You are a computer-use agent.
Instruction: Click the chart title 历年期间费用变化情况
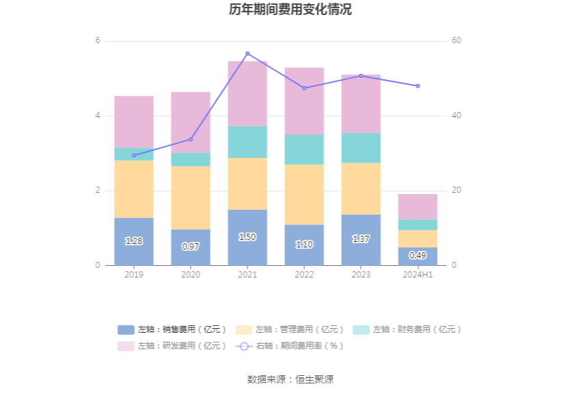tap(290, 10)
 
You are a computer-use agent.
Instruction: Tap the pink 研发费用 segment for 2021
tap(247, 94)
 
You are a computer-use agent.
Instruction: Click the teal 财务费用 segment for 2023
tap(361, 148)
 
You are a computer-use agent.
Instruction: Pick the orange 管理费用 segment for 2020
tap(191, 198)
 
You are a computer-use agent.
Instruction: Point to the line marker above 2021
tap(247, 53)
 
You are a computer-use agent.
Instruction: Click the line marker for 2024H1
tap(418, 86)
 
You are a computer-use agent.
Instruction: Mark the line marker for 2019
tap(134, 155)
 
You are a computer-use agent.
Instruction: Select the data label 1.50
tap(247, 237)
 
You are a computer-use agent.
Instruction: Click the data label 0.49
tap(418, 256)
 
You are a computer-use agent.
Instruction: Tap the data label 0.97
tap(191, 247)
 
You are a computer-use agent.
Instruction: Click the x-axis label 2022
tap(304, 275)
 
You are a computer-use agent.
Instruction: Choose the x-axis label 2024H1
tap(418, 275)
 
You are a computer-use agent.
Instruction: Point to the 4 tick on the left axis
tap(98, 116)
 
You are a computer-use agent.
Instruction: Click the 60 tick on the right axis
tap(457, 41)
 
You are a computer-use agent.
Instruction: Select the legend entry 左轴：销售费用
tap(172, 329)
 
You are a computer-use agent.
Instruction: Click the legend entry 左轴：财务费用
tap(407, 329)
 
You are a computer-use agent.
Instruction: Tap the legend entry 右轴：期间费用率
tap(290, 346)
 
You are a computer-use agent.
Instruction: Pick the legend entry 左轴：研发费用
tap(172, 346)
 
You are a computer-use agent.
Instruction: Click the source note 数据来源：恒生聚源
tap(290, 379)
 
